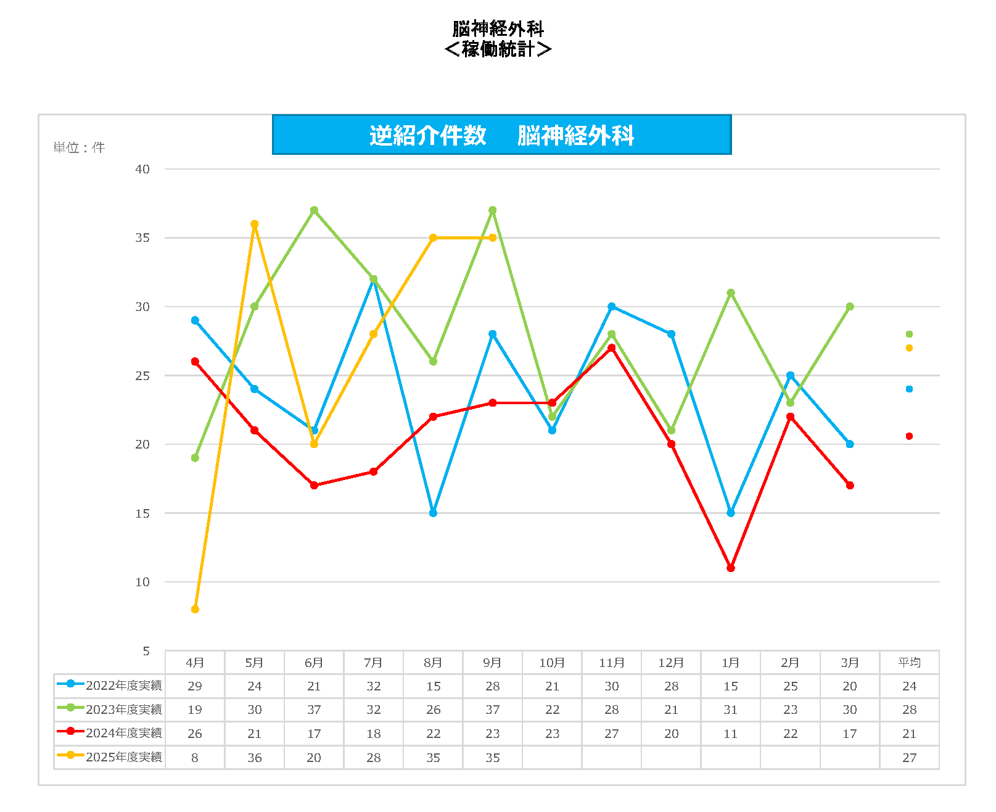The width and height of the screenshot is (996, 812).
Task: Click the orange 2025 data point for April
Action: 195,609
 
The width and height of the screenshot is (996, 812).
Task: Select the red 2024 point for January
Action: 731,568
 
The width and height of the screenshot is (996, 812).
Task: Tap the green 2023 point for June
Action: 314,210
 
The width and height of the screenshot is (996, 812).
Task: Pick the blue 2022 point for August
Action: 433,513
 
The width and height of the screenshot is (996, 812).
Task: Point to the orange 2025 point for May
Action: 255,224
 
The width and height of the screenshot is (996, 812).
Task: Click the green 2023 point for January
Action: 731,293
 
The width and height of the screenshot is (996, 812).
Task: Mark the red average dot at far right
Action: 909,436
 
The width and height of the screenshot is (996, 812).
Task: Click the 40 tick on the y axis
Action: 142,169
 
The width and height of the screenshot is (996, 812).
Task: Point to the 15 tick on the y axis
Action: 142,513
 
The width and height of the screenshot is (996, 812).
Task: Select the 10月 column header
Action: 552,663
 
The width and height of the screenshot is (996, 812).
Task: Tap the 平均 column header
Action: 909,663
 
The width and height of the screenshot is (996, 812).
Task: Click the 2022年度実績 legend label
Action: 124,686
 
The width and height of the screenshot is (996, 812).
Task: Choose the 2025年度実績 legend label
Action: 124,757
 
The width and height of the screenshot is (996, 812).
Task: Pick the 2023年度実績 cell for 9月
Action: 492,710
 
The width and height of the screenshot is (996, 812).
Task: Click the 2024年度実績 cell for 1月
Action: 731,734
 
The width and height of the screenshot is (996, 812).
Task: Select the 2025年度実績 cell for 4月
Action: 195,758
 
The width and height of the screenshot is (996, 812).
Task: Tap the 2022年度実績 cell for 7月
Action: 373,686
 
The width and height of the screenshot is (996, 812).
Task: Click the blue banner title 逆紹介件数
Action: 428,135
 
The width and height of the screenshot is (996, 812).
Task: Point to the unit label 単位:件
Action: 79,147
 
